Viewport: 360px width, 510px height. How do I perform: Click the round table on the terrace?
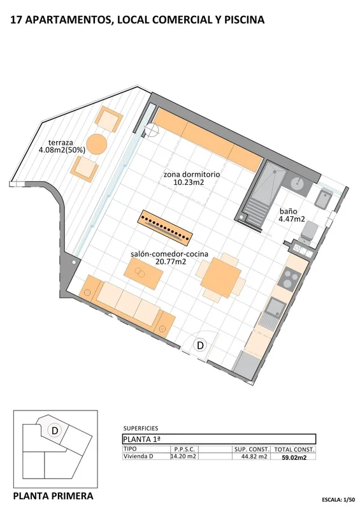coord(97,144)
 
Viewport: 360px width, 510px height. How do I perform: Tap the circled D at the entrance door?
coord(200,346)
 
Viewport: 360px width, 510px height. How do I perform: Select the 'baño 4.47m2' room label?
coord(292,215)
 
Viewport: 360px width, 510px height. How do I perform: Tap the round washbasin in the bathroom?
coord(298,184)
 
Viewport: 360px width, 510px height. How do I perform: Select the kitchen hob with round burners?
coord(291,279)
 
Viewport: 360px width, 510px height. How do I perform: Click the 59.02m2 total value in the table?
coord(294,457)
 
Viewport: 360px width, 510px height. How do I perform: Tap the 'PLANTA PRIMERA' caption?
coord(53,495)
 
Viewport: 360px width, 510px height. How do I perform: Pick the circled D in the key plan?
coord(55,430)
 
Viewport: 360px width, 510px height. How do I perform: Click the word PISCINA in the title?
coord(241,20)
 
